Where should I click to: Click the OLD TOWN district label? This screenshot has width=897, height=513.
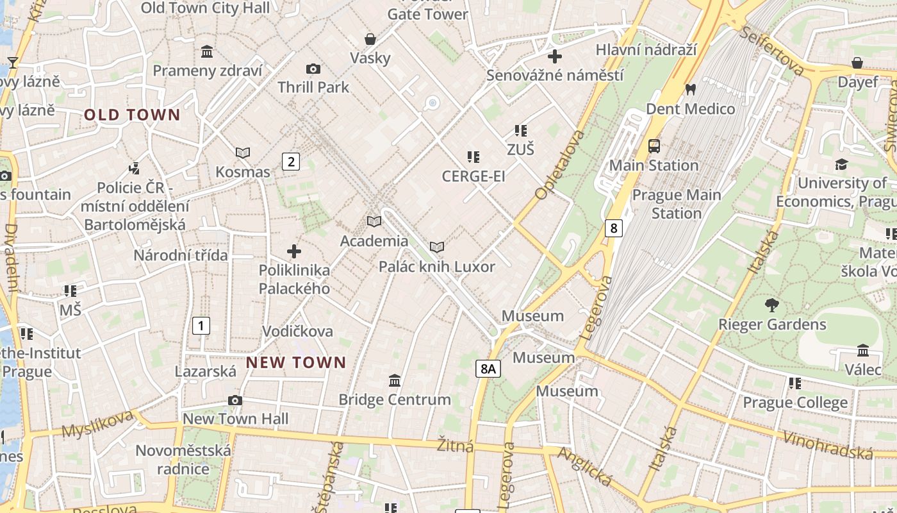[x=133, y=115]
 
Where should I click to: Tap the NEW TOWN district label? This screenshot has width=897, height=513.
[x=296, y=362]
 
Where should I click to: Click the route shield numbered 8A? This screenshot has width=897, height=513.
[x=488, y=368]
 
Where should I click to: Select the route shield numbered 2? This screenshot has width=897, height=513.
[x=291, y=162]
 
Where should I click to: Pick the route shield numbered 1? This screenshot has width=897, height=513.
[x=201, y=326]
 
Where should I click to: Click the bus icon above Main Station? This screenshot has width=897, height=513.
[x=654, y=146]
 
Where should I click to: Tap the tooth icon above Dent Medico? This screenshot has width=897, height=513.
[x=690, y=90]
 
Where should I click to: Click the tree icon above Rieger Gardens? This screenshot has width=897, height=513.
[x=772, y=305]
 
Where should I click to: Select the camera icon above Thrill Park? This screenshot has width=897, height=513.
[x=313, y=69]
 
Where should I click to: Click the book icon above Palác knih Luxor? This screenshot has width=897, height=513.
[x=437, y=248]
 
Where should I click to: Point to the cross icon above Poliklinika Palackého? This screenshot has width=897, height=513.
[x=294, y=251]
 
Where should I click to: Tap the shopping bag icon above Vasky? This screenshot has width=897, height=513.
[x=370, y=39]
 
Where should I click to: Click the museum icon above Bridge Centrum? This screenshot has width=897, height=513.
[x=395, y=381]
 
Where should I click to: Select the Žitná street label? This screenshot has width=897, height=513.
[x=456, y=445]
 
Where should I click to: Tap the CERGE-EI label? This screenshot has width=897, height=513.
[x=473, y=176]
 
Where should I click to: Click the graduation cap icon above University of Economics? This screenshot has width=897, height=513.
[x=841, y=165]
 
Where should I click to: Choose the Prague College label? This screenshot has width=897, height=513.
[x=795, y=403]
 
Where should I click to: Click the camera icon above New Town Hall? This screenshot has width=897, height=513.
[x=235, y=401]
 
